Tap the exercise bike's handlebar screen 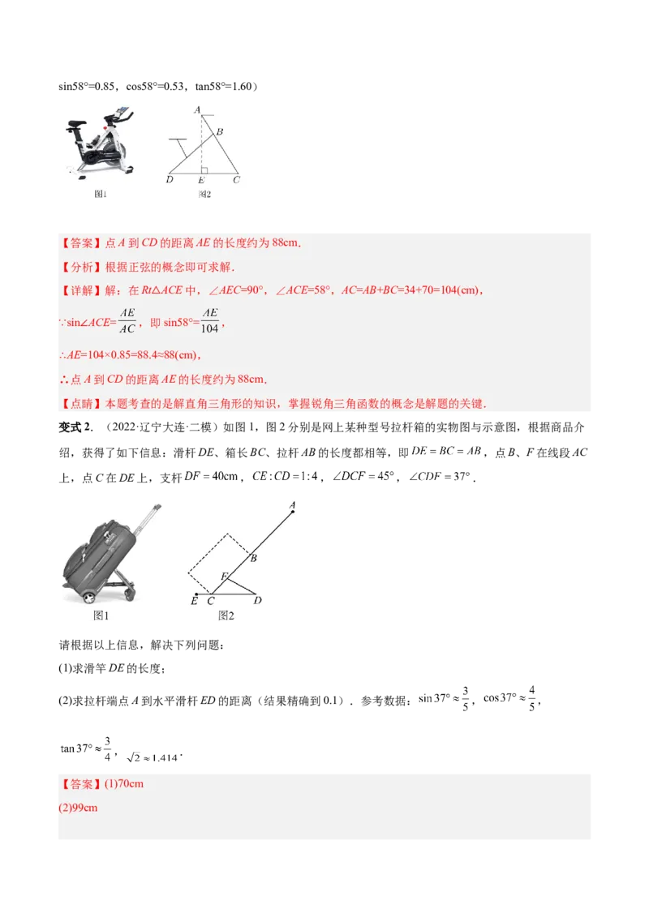pyautogui.click(x=122, y=109)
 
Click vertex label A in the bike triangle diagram pyautogui.click(x=197, y=109)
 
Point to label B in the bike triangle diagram pyautogui.click(x=219, y=132)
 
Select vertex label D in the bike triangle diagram pyautogui.click(x=170, y=180)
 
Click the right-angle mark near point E pyautogui.click(x=205, y=170)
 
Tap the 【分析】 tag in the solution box pyautogui.click(x=77, y=267)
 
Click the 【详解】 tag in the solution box pyautogui.click(x=77, y=290)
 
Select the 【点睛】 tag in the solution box pyautogui.click(x=77, y=403)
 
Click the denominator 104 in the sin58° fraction pyautogui.click(x=210, y=329)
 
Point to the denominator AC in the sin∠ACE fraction pyautogui.click(x=127, y=329)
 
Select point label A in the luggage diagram pyautogui.click(x=292, y=505)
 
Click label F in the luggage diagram pyautogui.click(x=225, y=576)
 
